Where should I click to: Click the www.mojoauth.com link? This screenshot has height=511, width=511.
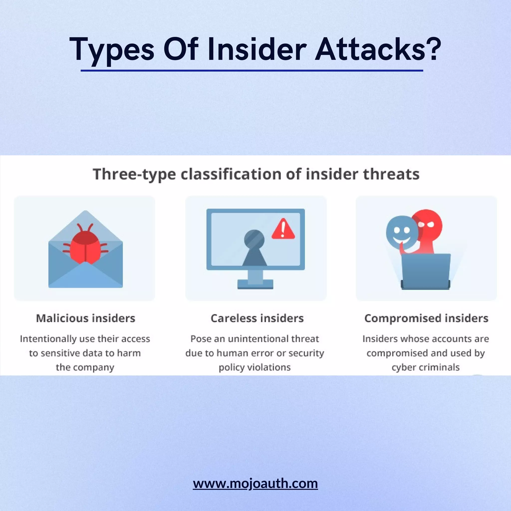click(x=255, y=483)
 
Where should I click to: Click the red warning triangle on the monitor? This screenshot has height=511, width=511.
click(x=283, y=229)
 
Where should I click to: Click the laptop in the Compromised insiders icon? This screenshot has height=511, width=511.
click(x=426, y=271)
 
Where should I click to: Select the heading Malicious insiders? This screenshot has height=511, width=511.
click(x=85, y=318)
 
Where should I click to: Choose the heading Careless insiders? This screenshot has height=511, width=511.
click(x=257, y=318)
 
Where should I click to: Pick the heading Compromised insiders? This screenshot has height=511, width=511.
click(x=426, y=318)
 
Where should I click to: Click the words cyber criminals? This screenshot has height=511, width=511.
click(x=426, y=367)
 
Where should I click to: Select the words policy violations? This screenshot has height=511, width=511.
click(x=255, y=367)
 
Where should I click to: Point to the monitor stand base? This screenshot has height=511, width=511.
click(x=255, y=285)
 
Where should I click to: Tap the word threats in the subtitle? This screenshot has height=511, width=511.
click(x=391, y=175)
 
